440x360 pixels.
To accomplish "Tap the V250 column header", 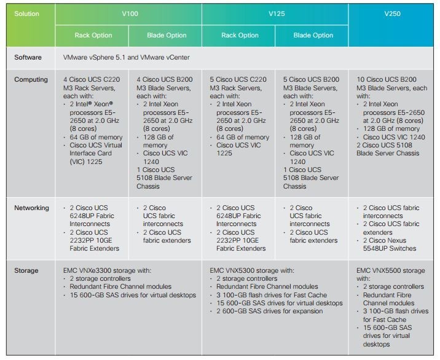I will (392, 12).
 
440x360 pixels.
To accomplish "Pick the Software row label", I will (29, 57).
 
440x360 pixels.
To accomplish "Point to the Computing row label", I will (31, 80).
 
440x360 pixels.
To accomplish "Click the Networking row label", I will (32, 208).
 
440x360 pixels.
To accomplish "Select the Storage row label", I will (26, 270).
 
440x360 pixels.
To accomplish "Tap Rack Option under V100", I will (93, 35).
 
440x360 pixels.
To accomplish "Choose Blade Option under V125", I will (313, 35).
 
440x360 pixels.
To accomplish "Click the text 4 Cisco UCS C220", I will (93, 80).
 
